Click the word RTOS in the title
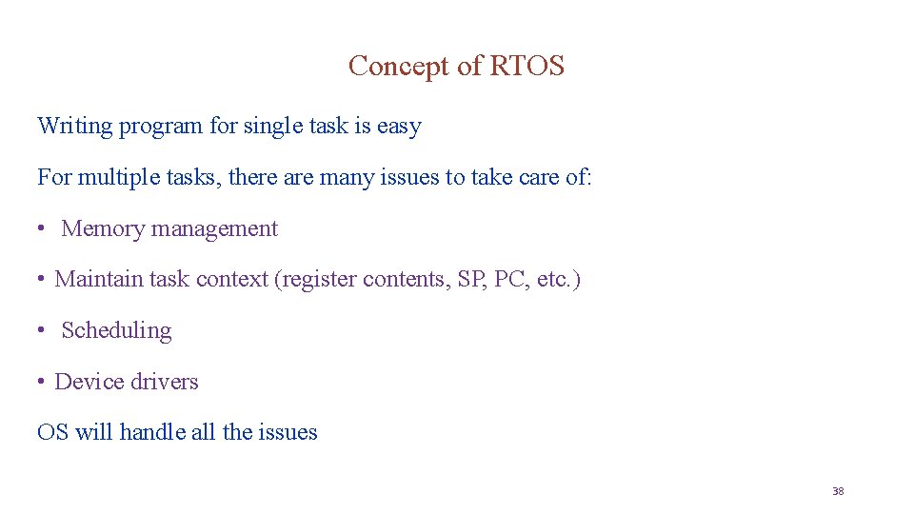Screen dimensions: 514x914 point(527,66)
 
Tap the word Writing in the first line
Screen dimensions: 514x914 point(74,127)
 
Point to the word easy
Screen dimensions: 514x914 point(399,127)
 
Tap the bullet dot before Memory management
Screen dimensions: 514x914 point(43,229)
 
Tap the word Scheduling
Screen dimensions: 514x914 point(116,331)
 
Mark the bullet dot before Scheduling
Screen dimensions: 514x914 point(43,330)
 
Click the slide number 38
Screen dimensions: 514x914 point(838,491)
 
